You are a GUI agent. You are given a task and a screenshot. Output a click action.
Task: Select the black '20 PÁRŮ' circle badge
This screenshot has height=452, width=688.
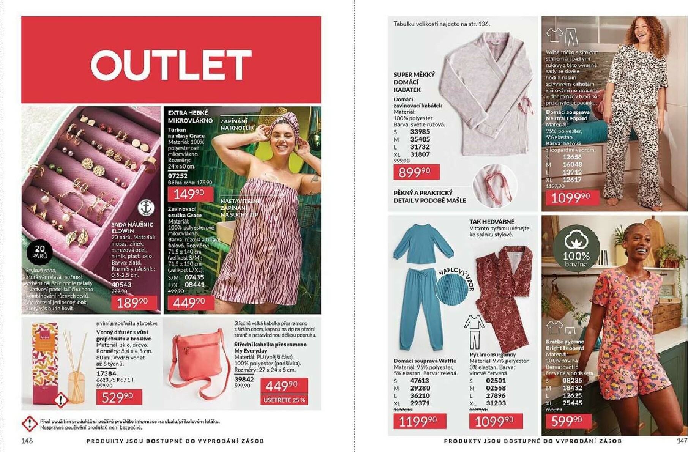pos(39,252)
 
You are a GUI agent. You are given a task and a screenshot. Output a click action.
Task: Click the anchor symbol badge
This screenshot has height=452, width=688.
pos(146,208)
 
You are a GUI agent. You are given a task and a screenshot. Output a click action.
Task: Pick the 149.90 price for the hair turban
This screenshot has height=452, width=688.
pos(189,194)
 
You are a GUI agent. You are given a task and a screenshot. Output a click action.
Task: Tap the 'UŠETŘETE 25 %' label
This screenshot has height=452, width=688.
pos(284,400)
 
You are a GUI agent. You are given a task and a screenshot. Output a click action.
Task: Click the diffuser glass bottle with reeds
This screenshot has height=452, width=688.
pos(76,383)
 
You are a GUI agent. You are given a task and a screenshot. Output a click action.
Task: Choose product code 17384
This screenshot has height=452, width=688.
pos(106,373)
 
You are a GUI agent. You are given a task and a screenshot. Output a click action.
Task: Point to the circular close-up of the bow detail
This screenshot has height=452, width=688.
pos(495,185)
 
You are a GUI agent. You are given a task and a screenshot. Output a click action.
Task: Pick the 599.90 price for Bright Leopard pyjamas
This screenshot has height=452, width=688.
pos(566,421)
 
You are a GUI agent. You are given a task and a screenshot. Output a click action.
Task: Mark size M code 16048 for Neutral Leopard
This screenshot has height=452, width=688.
pos(572,165)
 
